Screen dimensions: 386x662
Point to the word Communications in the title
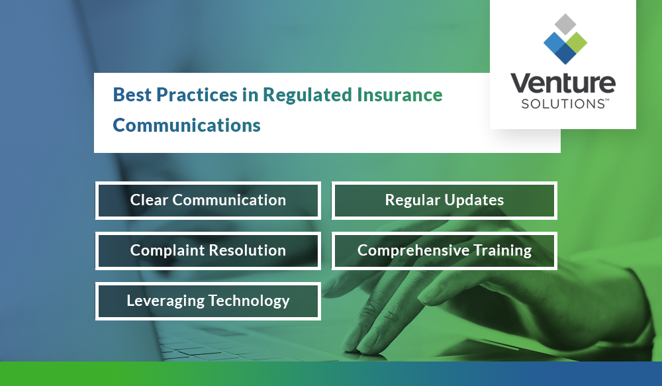tap(187, 125)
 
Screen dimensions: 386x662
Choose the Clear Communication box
tap(208, 200)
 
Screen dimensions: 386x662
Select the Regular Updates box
tap(444, 200)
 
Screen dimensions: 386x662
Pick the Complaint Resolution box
tap(208, 250)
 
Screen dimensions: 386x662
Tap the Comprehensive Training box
tap(444, 250)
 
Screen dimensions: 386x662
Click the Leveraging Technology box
tap(208, 301)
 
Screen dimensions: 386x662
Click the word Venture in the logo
tap(563, 84)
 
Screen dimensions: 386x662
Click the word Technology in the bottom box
tap(249, 301)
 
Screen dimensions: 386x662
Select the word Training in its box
tap(502, 250)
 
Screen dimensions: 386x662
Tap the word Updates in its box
tap(473, 201)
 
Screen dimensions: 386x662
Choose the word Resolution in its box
tap(247, 250)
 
